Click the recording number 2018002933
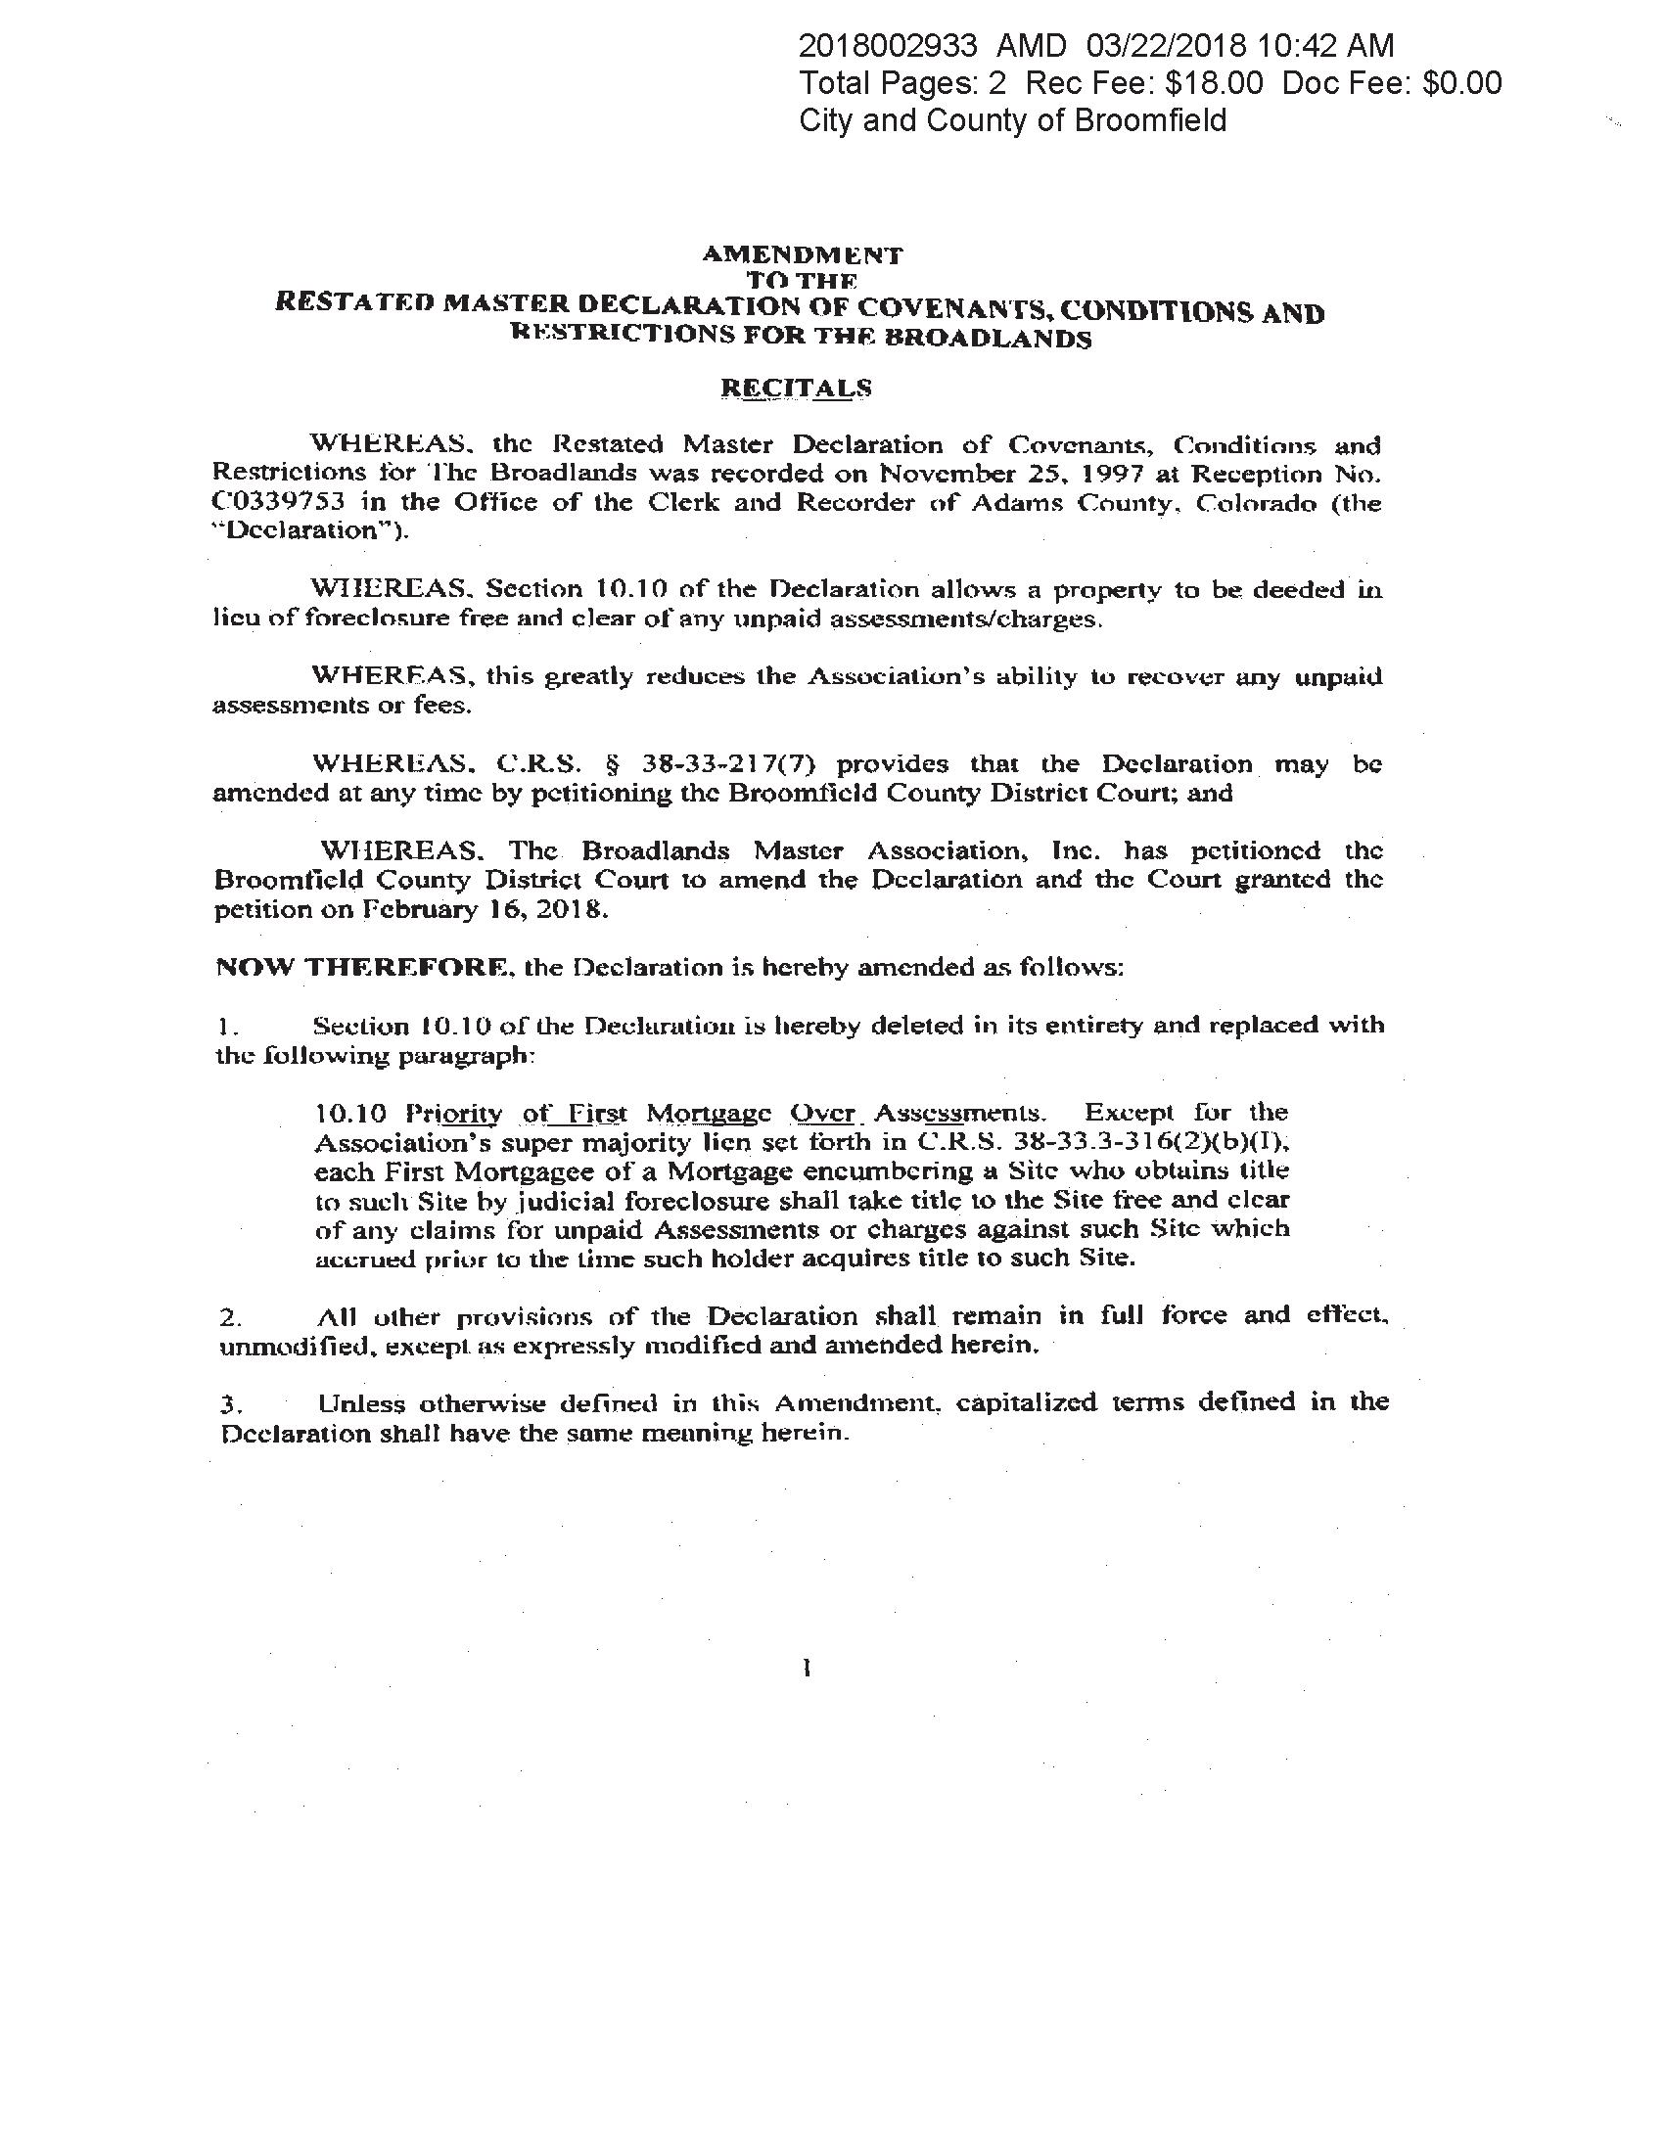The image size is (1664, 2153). pos(887,45)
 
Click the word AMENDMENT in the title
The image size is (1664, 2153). pos(802,254)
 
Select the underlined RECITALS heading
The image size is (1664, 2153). pos(797,388)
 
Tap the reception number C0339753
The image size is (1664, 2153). pos(279,502)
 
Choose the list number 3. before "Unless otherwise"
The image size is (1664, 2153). pos(229,1404)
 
